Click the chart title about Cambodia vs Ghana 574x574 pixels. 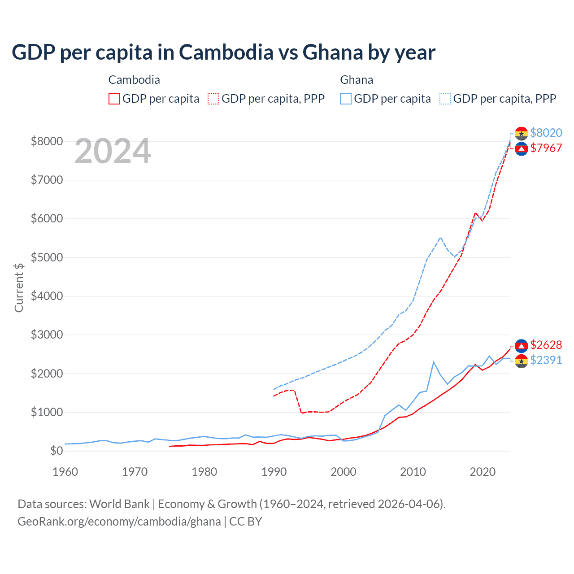tap(223, 52)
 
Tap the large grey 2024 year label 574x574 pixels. tap(113, 151)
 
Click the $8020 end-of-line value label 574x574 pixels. tap(546, 133)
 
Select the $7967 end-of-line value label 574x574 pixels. tap(546, 148)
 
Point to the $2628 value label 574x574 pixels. tap(546, 345)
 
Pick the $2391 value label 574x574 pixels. tap(546, 360)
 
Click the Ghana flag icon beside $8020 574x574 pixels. tap(521, 133)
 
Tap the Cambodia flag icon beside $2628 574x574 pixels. tap(521, 345)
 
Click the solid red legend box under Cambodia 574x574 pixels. tap(114, 99)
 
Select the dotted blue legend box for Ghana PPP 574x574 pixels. tap(445, 99)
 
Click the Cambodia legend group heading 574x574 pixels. tap(134, 80)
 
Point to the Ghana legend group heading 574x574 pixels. tap(357, 80)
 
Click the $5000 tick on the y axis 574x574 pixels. tap(46, 257)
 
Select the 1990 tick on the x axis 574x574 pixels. tap(274, 472)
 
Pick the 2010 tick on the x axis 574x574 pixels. tap(413, 472)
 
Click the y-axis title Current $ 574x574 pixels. tap(19, 287)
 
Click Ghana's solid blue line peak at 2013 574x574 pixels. tap(434, 361)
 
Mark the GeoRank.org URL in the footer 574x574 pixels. tap(119, 522)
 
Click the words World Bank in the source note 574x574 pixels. tap(119, 504)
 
